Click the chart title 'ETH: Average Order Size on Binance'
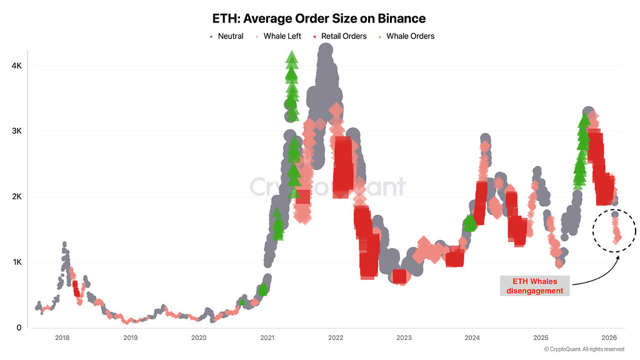[x=319, y=19]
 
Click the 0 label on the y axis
[x=19, y=327]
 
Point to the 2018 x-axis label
[x=61, y=338]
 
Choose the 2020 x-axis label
[x=199, y=338]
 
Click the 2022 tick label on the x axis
[x=336, y=338]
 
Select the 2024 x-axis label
[x=472, y=338]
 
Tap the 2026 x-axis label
[x=610, y=338]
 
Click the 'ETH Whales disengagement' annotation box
[x=534, y=286]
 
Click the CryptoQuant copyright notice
[x=584, y=349]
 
